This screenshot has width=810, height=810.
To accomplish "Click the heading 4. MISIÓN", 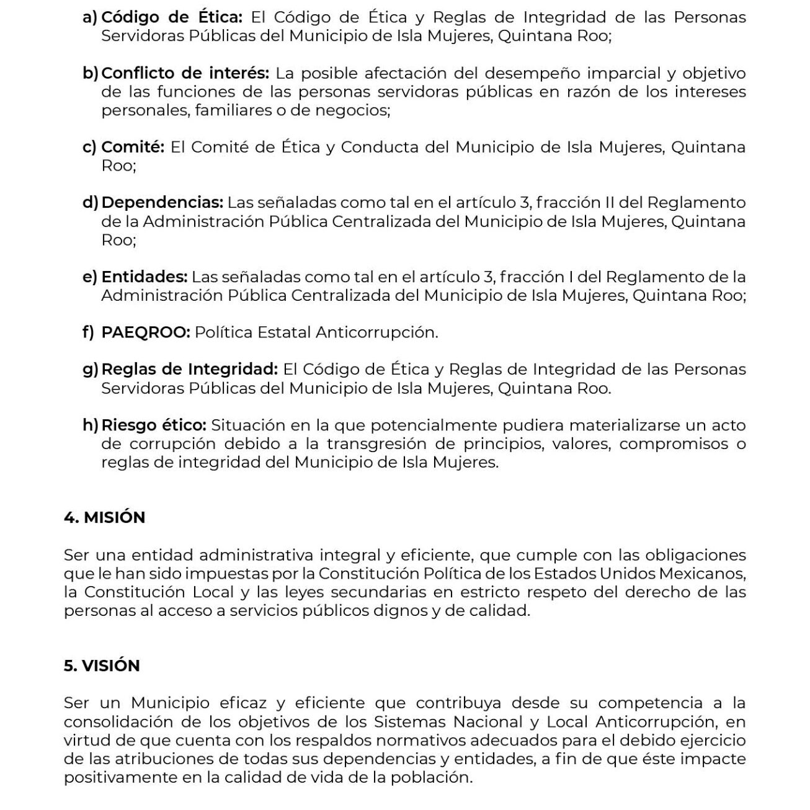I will pos(104,517).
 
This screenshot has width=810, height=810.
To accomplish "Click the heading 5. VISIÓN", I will pos(102,665).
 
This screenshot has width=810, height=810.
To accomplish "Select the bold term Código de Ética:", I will pos(172,17).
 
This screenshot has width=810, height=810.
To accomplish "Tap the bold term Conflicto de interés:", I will pos(185,73).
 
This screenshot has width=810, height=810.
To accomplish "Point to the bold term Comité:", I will pos(133,147).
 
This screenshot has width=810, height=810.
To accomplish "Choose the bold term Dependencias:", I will pos(162,202).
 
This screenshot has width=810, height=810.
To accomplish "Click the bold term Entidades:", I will pos(144,277).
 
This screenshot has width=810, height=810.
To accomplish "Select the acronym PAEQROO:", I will pos(146,332).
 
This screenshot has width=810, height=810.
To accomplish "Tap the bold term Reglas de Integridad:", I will pos(189,369).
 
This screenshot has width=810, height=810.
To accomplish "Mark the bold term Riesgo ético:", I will pos(153,425).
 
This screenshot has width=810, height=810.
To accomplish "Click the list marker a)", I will pos(90,17).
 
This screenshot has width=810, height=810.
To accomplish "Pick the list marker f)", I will pos(88,332).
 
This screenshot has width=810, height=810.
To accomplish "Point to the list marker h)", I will pos(91,425).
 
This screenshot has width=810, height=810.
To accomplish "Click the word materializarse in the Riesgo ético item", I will pos(625,425).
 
